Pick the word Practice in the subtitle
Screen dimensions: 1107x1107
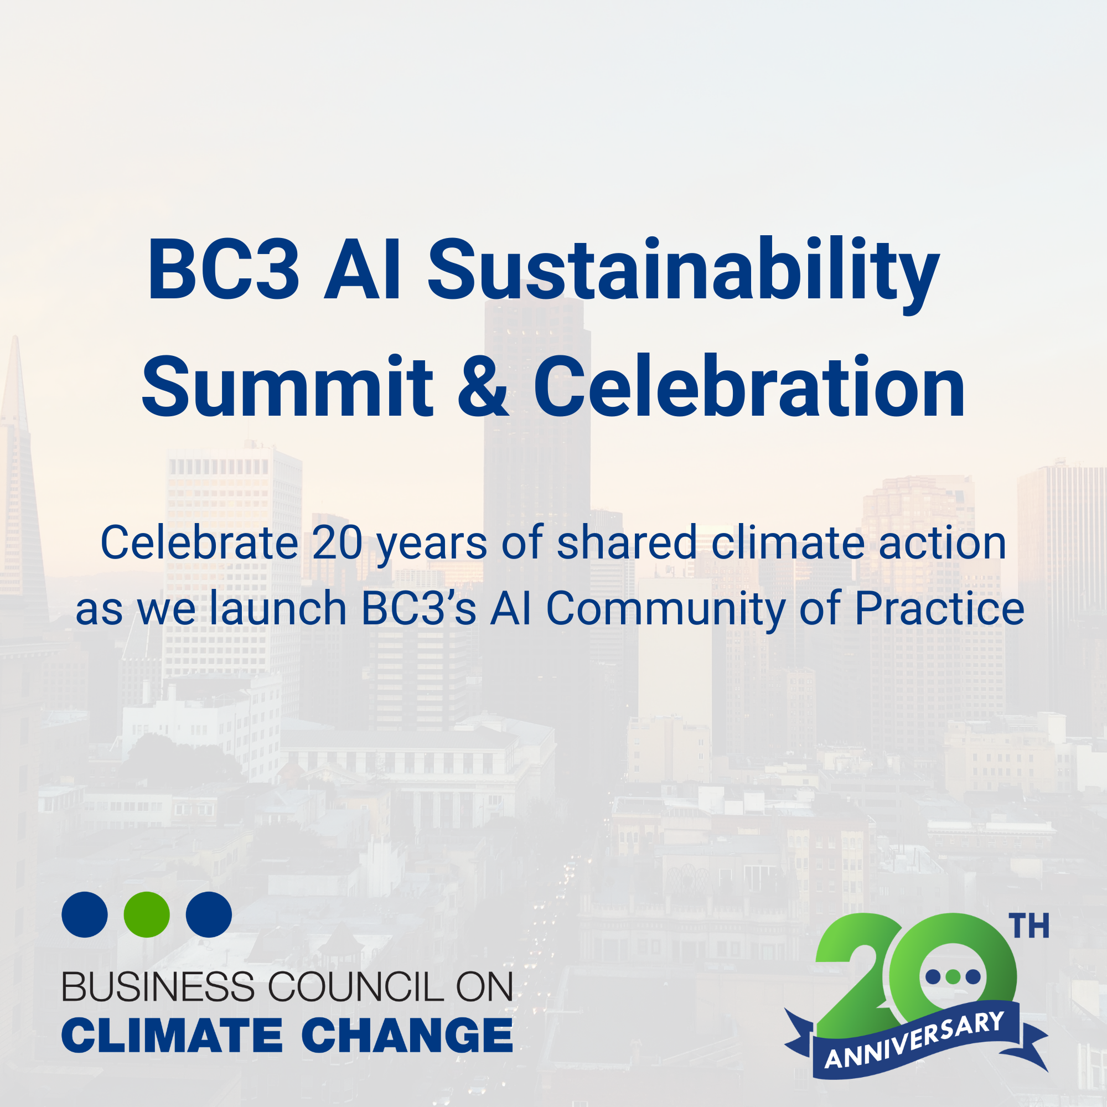pyautogui.click(x=939, y=608)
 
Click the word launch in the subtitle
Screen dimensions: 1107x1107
pyautogui.click(x=278, y=608)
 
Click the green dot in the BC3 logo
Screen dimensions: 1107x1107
pyautogui.click(x=147, y=914)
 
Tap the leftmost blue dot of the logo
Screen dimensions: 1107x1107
pyautogui.click(x=85, y=914)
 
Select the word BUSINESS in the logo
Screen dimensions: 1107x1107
pyautogui.click(x=158, y=987)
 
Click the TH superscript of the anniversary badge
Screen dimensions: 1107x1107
pyautogui.click(x=1030, y=927)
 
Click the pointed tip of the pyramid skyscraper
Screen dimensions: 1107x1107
pyautogui.click(x=15, y=339)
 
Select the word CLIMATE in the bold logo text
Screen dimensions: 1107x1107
pyautogui.click(x=172, y=1036)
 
